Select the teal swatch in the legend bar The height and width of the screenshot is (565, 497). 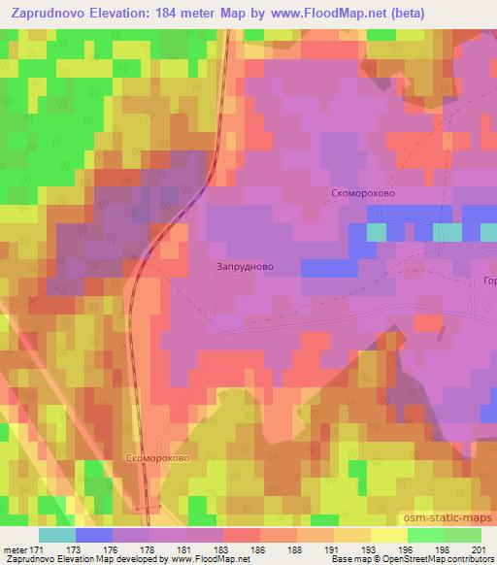pos(57,535)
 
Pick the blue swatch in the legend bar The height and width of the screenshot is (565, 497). pos(94,535)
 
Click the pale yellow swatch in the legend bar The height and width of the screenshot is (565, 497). pos(389,535)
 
